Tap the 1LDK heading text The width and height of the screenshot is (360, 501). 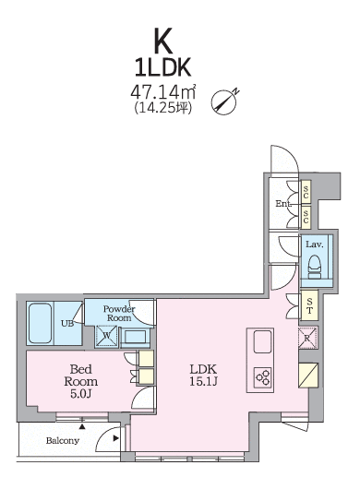162,67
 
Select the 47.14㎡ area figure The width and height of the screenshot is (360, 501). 162,92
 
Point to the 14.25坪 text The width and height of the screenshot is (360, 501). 163,107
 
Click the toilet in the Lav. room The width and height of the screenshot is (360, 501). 315,267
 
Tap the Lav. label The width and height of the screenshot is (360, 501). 315,245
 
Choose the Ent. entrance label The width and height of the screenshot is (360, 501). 283,204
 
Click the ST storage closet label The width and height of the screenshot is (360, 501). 309,305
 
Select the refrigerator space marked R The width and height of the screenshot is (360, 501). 308,338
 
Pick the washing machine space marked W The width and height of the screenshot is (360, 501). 107,336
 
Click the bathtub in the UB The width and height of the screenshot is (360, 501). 40,323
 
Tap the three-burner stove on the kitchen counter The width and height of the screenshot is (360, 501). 263,377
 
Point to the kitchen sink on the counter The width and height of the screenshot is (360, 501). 263,341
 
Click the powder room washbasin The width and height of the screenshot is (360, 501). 136,337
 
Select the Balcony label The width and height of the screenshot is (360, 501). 63,441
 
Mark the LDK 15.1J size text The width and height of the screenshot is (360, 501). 204,376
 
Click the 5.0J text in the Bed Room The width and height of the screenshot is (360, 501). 81,394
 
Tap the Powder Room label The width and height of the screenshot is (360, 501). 119,314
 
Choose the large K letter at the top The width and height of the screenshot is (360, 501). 163,41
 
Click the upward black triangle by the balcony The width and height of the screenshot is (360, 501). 82,426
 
